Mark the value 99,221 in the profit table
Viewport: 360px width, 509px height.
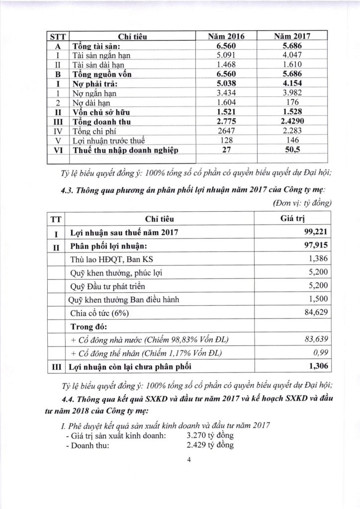pyautogui.click(x=316, y=232)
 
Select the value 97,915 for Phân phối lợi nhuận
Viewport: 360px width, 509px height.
pyautogui.click(x=316, y=246)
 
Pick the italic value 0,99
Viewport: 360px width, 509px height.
pyautogui.click(x=322, y=353)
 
